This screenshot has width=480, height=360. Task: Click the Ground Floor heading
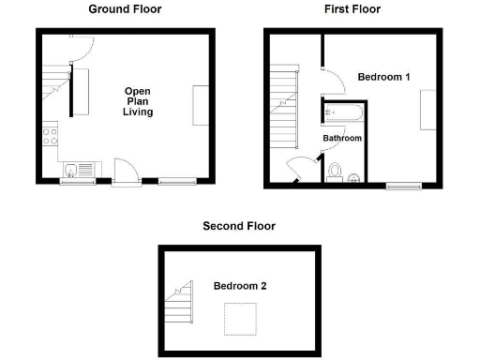point(125,9)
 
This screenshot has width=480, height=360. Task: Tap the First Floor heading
point(352,9)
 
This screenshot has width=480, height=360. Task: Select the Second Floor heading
point(239,226)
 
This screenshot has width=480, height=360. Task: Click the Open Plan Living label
point(138,101)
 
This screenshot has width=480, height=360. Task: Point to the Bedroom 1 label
point(384,77)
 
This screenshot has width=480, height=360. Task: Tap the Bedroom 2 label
point(239,286)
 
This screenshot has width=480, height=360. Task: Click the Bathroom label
point(342,139)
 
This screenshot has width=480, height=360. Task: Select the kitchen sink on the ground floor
point(73,169)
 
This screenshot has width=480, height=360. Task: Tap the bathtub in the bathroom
point(341,114)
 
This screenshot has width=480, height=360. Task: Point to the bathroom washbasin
point(334,172)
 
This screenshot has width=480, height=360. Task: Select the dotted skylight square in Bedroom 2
point(241,319)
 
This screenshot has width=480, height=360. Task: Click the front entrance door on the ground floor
point(125,171)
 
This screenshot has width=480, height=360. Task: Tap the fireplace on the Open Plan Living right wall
point(201,104)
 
